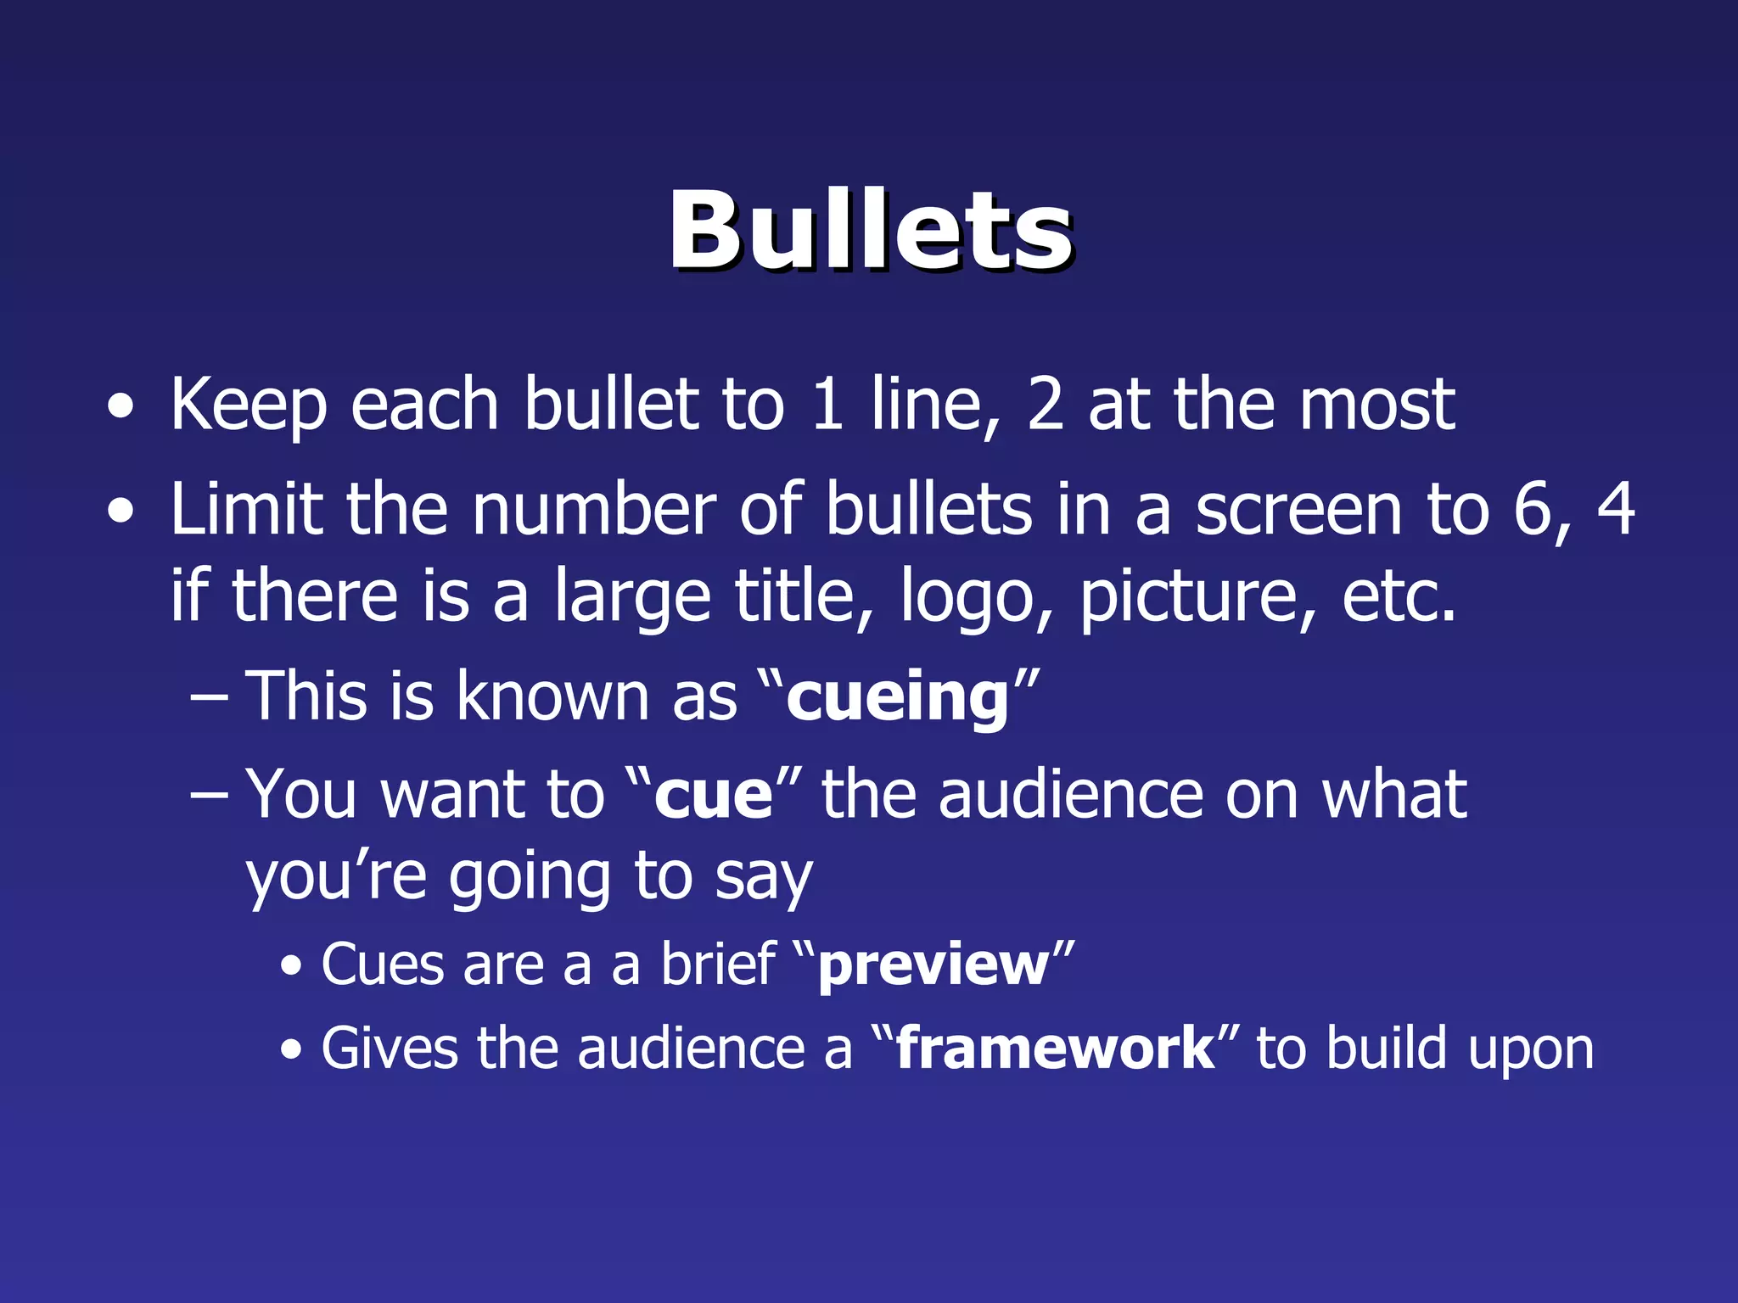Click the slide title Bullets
click(871, 231)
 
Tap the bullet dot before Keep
click(121, 407)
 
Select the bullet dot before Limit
click(121, 512)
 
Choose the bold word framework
click(1055, 1049)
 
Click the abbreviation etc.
click(1399, 596)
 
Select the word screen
click(1298, 512)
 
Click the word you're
click(335, 879)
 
